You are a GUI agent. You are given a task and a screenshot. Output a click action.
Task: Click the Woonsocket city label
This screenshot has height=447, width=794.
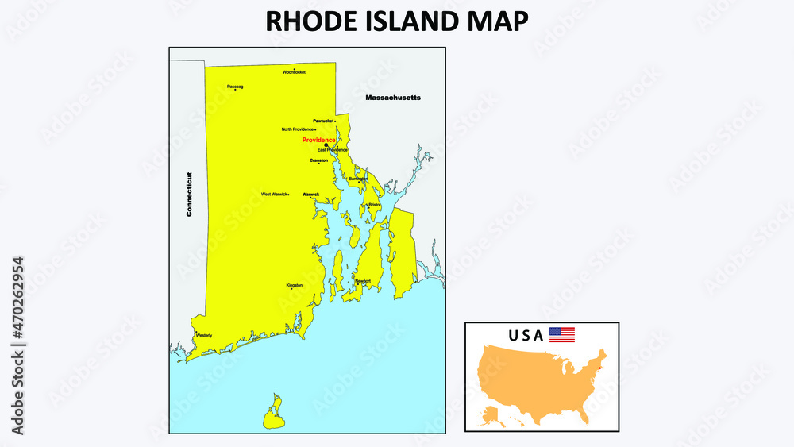(294, 72)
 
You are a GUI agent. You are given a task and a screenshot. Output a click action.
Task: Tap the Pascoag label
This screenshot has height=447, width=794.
(235, 86)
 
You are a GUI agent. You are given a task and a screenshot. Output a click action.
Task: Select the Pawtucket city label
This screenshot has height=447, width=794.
(323, 121)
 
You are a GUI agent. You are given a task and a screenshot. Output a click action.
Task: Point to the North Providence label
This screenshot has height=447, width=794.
(298, 129)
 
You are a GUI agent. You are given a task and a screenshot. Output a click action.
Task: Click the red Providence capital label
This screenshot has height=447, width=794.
(318, 140)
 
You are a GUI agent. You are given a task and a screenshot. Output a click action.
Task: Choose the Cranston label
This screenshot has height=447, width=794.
(318, 160)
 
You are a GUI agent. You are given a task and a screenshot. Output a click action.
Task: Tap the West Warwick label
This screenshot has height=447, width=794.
(274, 194)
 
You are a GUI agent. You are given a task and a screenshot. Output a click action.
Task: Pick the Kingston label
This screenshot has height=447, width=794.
(294, 285)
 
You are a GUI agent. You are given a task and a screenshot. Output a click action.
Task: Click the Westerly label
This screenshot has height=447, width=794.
(203, 335)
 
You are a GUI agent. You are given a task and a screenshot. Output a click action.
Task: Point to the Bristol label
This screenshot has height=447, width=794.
(374, 204)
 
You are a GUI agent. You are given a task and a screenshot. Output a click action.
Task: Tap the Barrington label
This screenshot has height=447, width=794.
(358, 179)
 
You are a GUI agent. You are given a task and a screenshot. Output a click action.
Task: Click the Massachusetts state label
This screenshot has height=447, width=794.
(392, 98)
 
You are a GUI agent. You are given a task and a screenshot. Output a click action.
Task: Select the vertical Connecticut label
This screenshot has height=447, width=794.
(189, 195)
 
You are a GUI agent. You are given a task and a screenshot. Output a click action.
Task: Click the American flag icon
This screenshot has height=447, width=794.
(561, 335)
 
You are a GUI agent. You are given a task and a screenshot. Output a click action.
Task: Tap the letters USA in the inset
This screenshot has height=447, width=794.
(526, 335)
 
